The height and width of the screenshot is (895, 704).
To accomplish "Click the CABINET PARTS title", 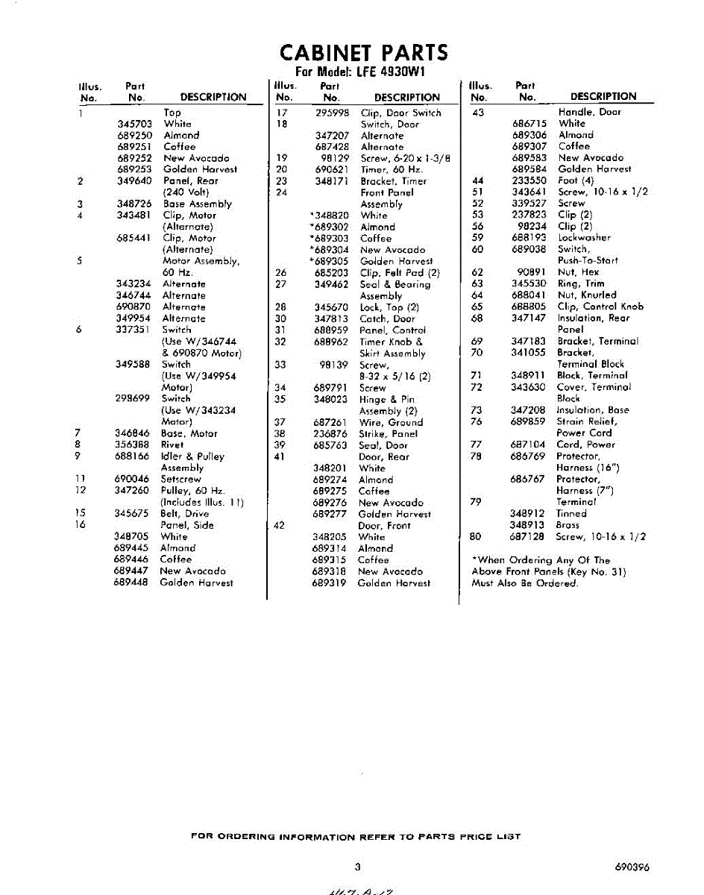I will [363, 53].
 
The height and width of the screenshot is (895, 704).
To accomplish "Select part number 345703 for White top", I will [134, 124].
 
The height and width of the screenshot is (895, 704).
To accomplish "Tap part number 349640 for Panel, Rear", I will [134, 180].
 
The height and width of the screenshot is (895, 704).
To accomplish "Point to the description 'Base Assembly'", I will [197, 204].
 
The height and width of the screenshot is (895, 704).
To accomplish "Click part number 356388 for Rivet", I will [132, 445].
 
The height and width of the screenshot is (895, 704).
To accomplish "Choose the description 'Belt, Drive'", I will [185, 513].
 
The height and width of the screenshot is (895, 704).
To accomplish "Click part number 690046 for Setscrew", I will [132, 479].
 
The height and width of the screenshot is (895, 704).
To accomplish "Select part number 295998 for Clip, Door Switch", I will [332, 113].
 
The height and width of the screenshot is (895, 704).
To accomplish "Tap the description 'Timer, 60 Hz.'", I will [392, 169].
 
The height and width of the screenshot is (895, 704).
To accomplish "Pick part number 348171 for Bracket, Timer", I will [332, 181].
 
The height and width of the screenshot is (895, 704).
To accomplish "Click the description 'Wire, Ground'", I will [391, 422].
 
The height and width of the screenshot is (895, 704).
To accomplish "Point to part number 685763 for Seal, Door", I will [330, 445].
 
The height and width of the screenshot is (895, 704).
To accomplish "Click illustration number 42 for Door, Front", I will [280, 525].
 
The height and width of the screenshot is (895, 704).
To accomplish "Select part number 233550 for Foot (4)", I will [529, 180].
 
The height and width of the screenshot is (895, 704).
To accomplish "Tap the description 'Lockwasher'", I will [584, 238].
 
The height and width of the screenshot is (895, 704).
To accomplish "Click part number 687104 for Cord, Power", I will [528, 445].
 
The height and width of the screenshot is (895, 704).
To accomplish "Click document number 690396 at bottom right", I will [632, 867].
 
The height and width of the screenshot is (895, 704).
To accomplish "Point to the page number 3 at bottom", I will [358, 867].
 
